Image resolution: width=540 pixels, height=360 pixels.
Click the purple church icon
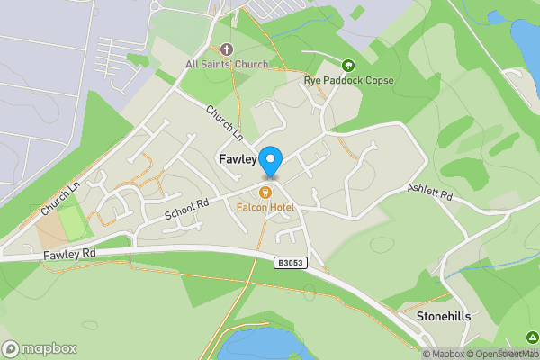(225, 49)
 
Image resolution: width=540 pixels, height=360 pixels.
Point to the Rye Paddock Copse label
(348, 79)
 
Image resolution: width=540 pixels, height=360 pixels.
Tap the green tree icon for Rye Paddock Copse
(348, 64)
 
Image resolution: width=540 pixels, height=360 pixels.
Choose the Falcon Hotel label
(265, 207)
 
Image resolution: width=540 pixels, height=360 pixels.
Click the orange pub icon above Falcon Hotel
(265, 192)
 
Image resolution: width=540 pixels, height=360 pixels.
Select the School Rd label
(186, 210)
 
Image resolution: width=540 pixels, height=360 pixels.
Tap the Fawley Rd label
(69, 257)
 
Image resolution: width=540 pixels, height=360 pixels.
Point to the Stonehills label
(444, 317)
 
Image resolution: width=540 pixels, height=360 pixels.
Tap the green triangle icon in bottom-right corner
(533, 337)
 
